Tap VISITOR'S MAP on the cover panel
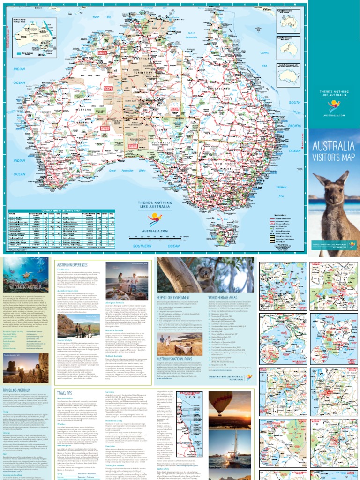tap(334, 157)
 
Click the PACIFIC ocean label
tap(295, 126)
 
